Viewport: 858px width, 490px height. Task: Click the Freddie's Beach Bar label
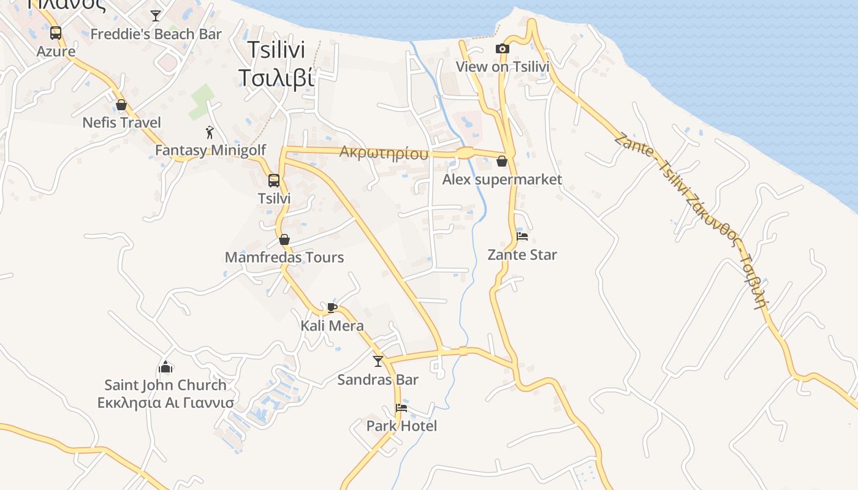156,34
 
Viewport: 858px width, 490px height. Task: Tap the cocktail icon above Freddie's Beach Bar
156,15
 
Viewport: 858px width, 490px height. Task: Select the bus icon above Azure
56,33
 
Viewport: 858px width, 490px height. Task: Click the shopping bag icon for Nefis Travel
121,105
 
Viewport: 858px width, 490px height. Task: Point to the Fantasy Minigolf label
210,150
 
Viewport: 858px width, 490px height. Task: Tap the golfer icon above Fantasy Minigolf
210,132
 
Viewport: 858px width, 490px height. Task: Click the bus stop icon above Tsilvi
274,181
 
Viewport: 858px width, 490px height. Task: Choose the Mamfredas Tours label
284,257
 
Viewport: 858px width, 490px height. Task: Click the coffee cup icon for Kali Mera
332,307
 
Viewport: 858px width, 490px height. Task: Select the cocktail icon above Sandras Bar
378,361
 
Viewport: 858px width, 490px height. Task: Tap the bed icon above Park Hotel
401,408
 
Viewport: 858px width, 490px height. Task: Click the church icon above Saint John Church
165,367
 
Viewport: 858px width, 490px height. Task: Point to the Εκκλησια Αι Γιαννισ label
165,402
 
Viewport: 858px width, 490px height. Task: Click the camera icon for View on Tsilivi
503,49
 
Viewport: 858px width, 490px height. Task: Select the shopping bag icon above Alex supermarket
502,161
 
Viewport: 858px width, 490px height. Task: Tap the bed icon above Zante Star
522,236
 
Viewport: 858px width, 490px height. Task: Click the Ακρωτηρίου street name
384,153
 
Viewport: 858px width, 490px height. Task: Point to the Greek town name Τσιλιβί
276,78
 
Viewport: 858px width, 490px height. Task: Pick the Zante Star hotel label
522,255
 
